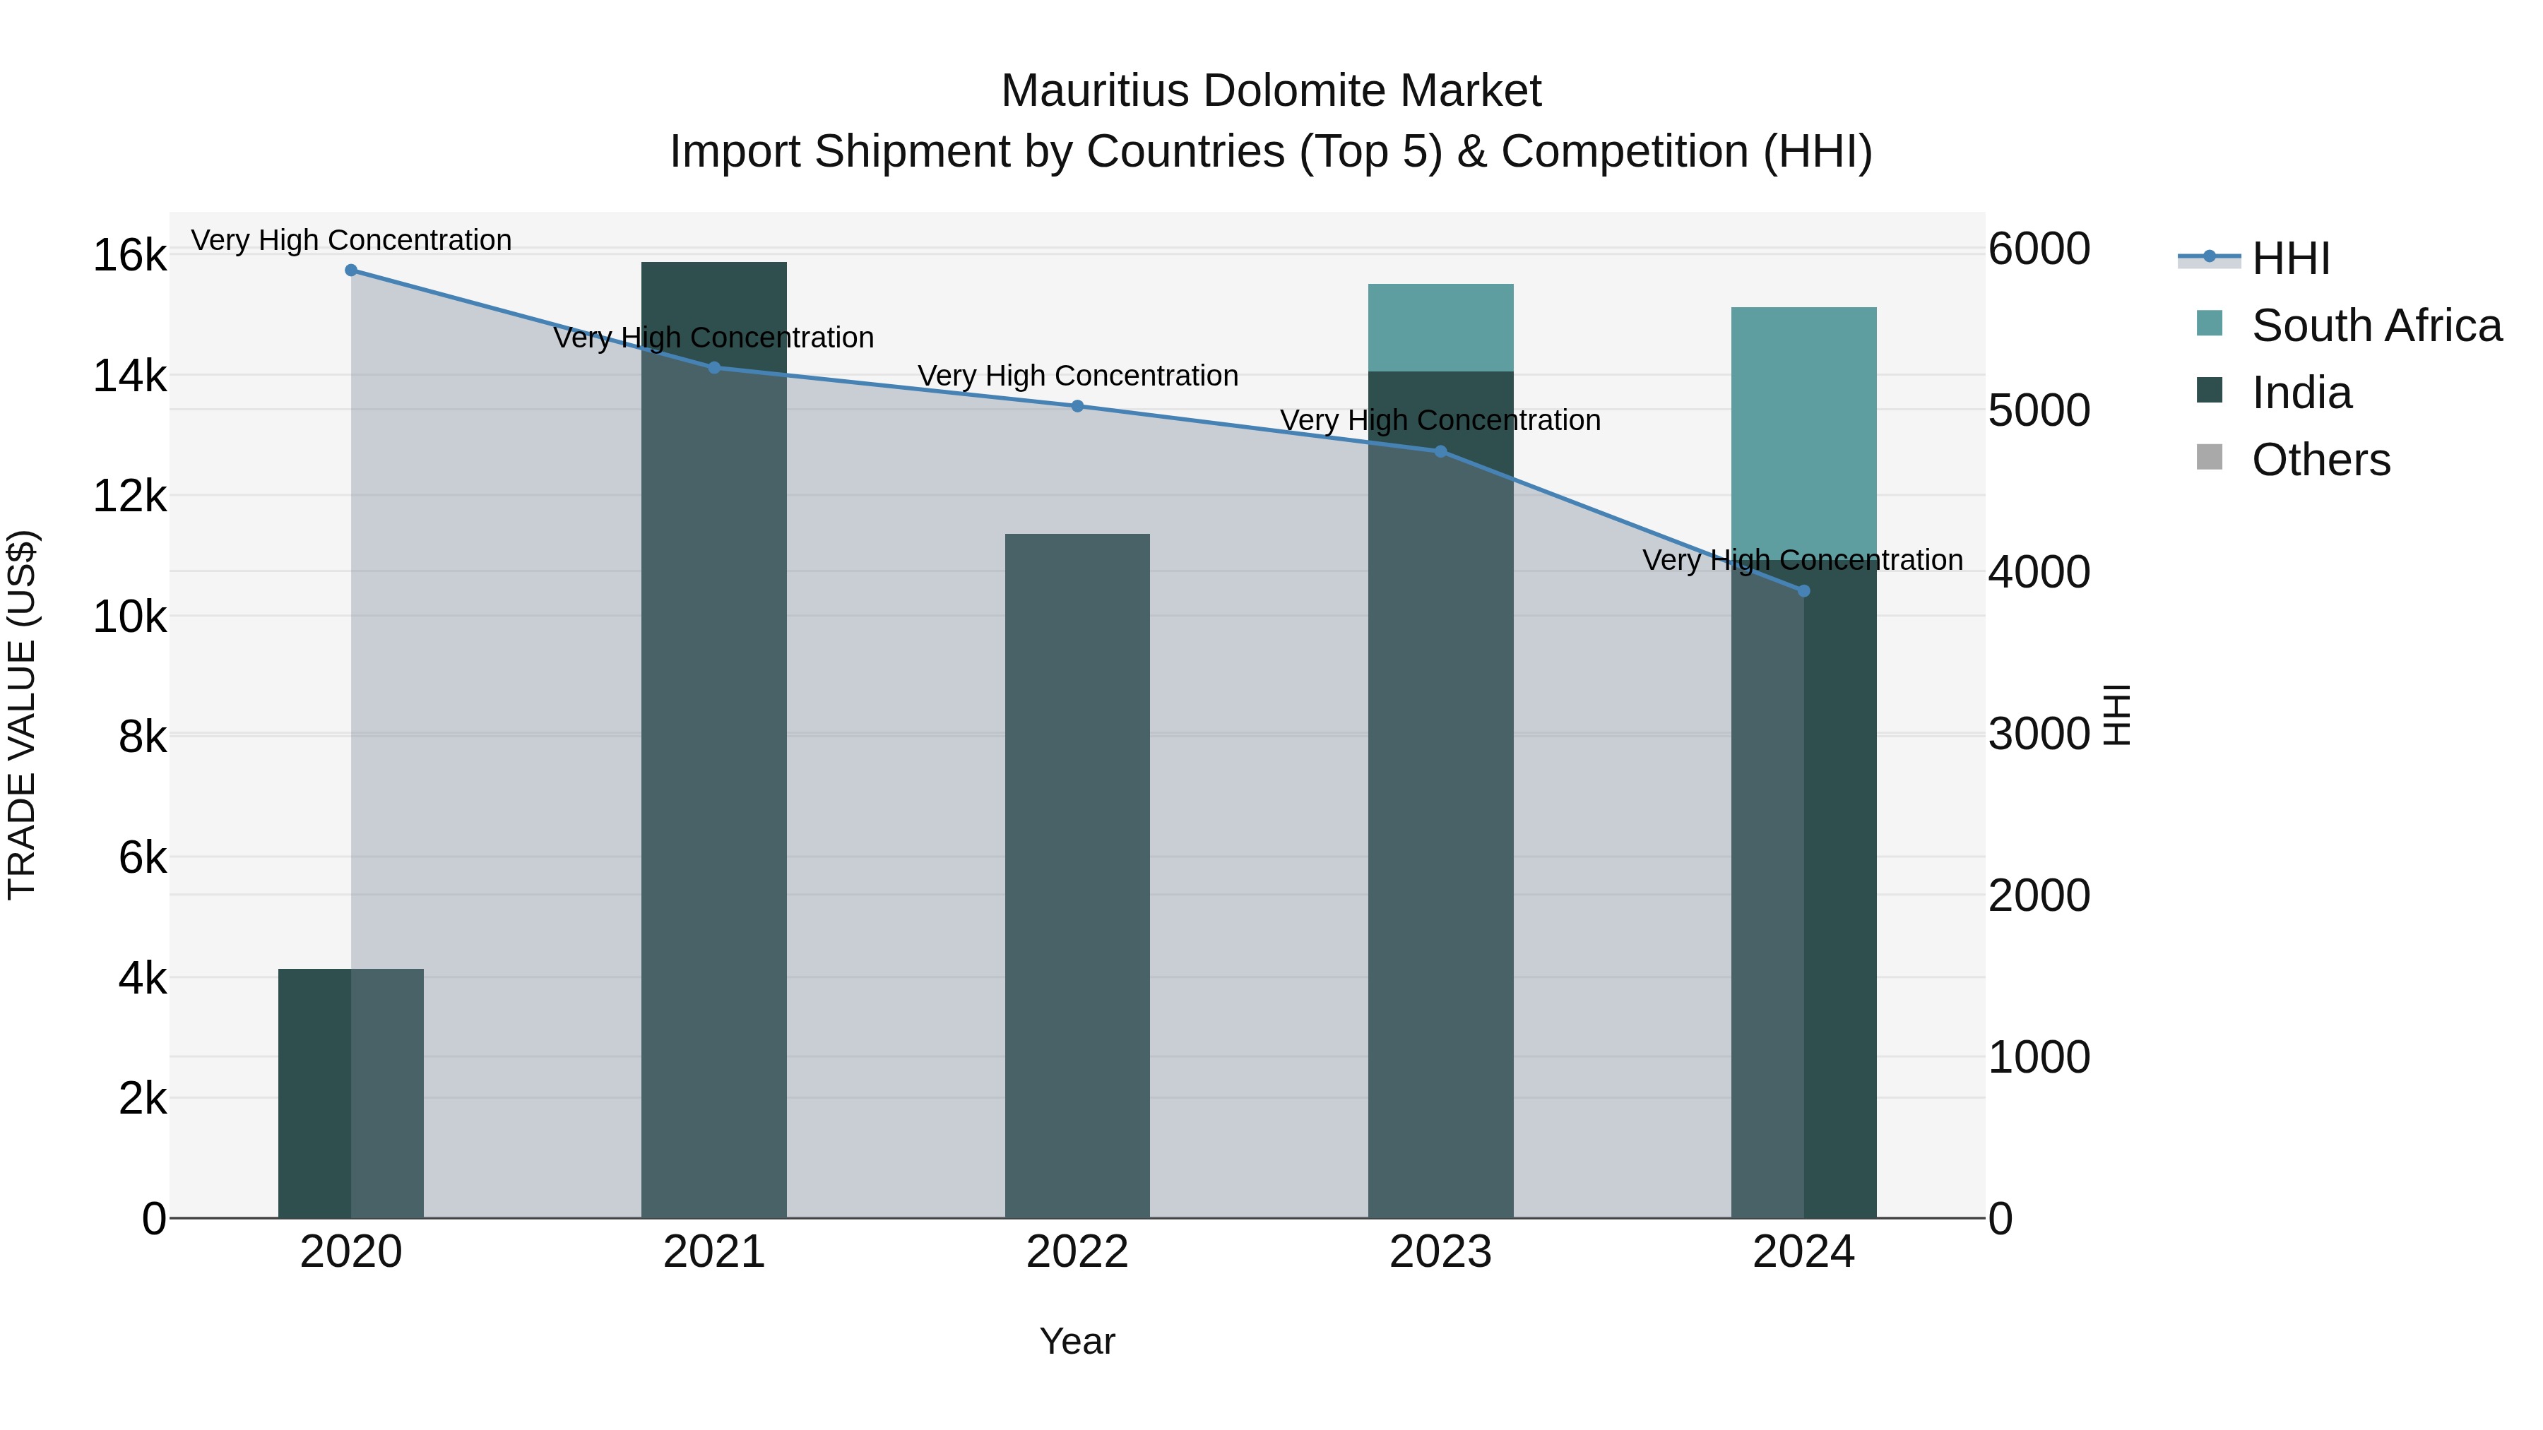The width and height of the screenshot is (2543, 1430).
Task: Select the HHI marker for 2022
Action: coord(1077,405)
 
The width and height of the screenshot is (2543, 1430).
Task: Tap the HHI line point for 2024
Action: coord(1803,591)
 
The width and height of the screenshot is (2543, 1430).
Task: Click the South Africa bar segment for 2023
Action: coord(1440,328)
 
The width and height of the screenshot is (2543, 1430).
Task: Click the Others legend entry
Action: coord(2320,460)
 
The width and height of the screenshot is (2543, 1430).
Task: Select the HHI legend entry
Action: coord(2290,258)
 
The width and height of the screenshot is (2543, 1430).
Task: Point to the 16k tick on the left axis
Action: coord(129,256)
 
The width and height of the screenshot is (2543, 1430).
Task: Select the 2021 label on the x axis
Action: coord(713,1252)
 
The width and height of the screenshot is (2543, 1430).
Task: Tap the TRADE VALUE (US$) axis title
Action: coord(23,715)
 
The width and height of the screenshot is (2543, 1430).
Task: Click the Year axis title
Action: coord(1077,1341)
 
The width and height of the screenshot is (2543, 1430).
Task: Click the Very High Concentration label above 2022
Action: coord(1077,376)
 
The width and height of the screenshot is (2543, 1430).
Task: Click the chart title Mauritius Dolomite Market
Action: coord(1271,91)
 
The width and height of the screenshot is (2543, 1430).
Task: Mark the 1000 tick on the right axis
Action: coord(2039,1057)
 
